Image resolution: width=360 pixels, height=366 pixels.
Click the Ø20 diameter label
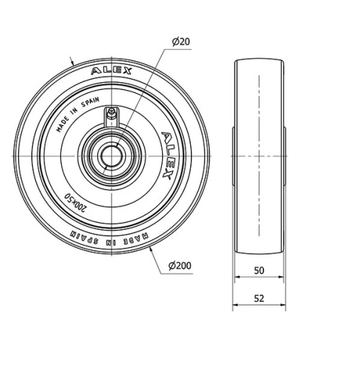click(x=181, y=43)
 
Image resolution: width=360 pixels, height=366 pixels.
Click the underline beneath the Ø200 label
click(x=181, y=273)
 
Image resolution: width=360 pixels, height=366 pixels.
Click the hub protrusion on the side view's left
click(x=233, y=156)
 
